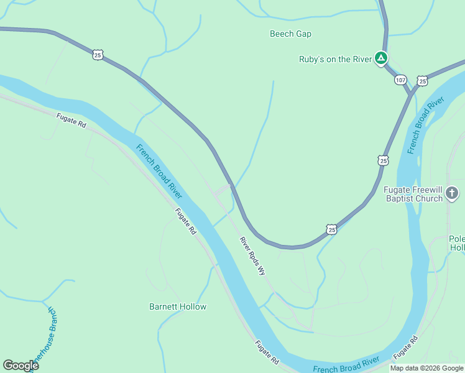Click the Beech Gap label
(290, 34)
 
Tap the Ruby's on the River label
(335, 60)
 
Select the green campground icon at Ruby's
(381, 59)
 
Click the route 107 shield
(400, 80)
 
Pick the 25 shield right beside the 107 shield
(423, 81)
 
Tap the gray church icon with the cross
(453, 194)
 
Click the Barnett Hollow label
(178, 306)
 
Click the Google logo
(21, 365)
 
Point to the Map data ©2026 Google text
(426, 368)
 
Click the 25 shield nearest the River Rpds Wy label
(332, 230)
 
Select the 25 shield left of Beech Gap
(98, 55)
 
